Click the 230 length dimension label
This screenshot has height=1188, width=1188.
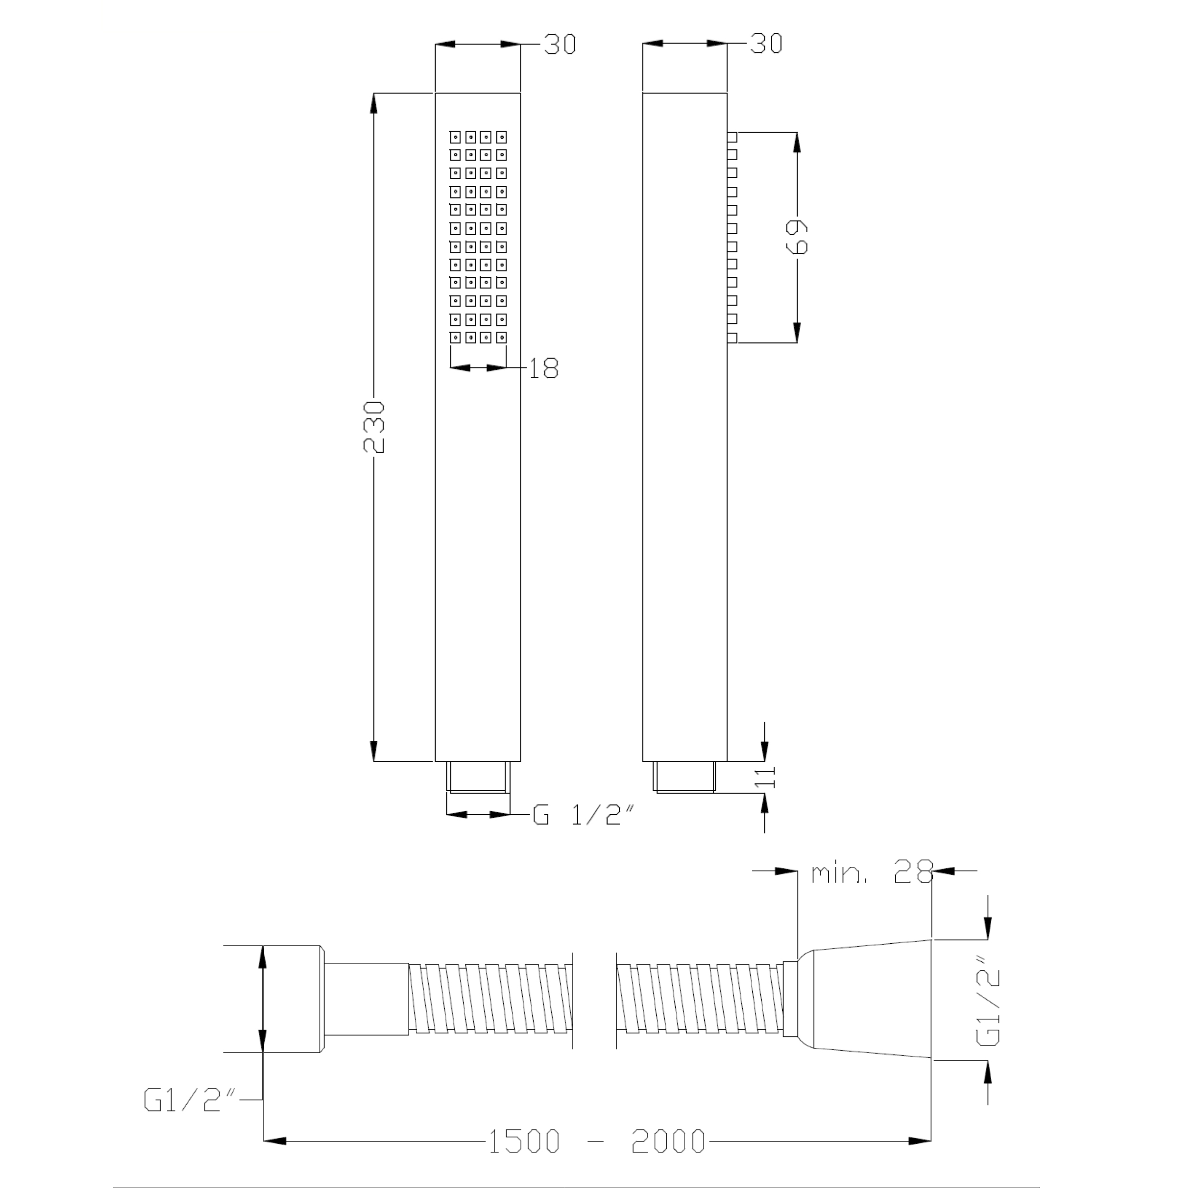[x=374, y=427]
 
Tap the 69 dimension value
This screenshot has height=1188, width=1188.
[x=797, y=237]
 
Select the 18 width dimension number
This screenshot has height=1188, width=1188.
[x=544, y=368]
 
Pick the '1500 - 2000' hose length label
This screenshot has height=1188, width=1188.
[x=596, y=1142]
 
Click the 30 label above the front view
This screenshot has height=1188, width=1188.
[x=560, y=45]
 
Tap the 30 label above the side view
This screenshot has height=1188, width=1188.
[x=766, y=44]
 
